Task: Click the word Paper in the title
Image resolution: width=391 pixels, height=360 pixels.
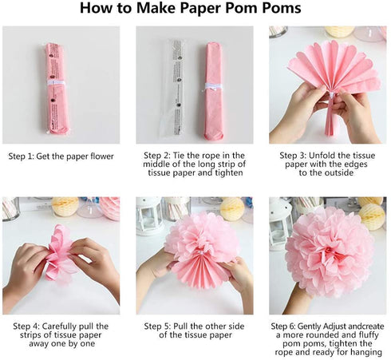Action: pos(200,8)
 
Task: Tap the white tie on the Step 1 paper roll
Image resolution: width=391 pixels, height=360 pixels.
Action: pos(56,82)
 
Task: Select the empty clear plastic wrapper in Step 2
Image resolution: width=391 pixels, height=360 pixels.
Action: pos(173,88)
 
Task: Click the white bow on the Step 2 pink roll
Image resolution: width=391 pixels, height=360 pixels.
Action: pos(213,87)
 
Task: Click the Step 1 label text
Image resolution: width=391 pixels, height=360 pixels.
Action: pos(61,156)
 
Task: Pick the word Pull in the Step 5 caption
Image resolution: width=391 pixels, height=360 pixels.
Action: pos(180,326)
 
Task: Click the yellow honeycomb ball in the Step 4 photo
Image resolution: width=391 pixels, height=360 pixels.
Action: pos(65,207)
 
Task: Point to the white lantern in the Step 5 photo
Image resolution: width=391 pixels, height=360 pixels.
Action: pos(148,216)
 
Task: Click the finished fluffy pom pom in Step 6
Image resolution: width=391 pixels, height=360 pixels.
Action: pos(330,251)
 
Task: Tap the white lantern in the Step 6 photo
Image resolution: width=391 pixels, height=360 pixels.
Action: pos(280,224)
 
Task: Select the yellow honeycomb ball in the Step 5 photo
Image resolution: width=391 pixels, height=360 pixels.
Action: pos(232,209)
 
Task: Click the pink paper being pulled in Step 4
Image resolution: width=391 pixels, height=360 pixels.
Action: pos(59,253)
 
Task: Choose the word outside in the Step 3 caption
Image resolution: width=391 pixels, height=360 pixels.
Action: pos(338,172)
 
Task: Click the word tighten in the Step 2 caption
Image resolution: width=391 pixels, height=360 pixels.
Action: pos(229,173)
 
